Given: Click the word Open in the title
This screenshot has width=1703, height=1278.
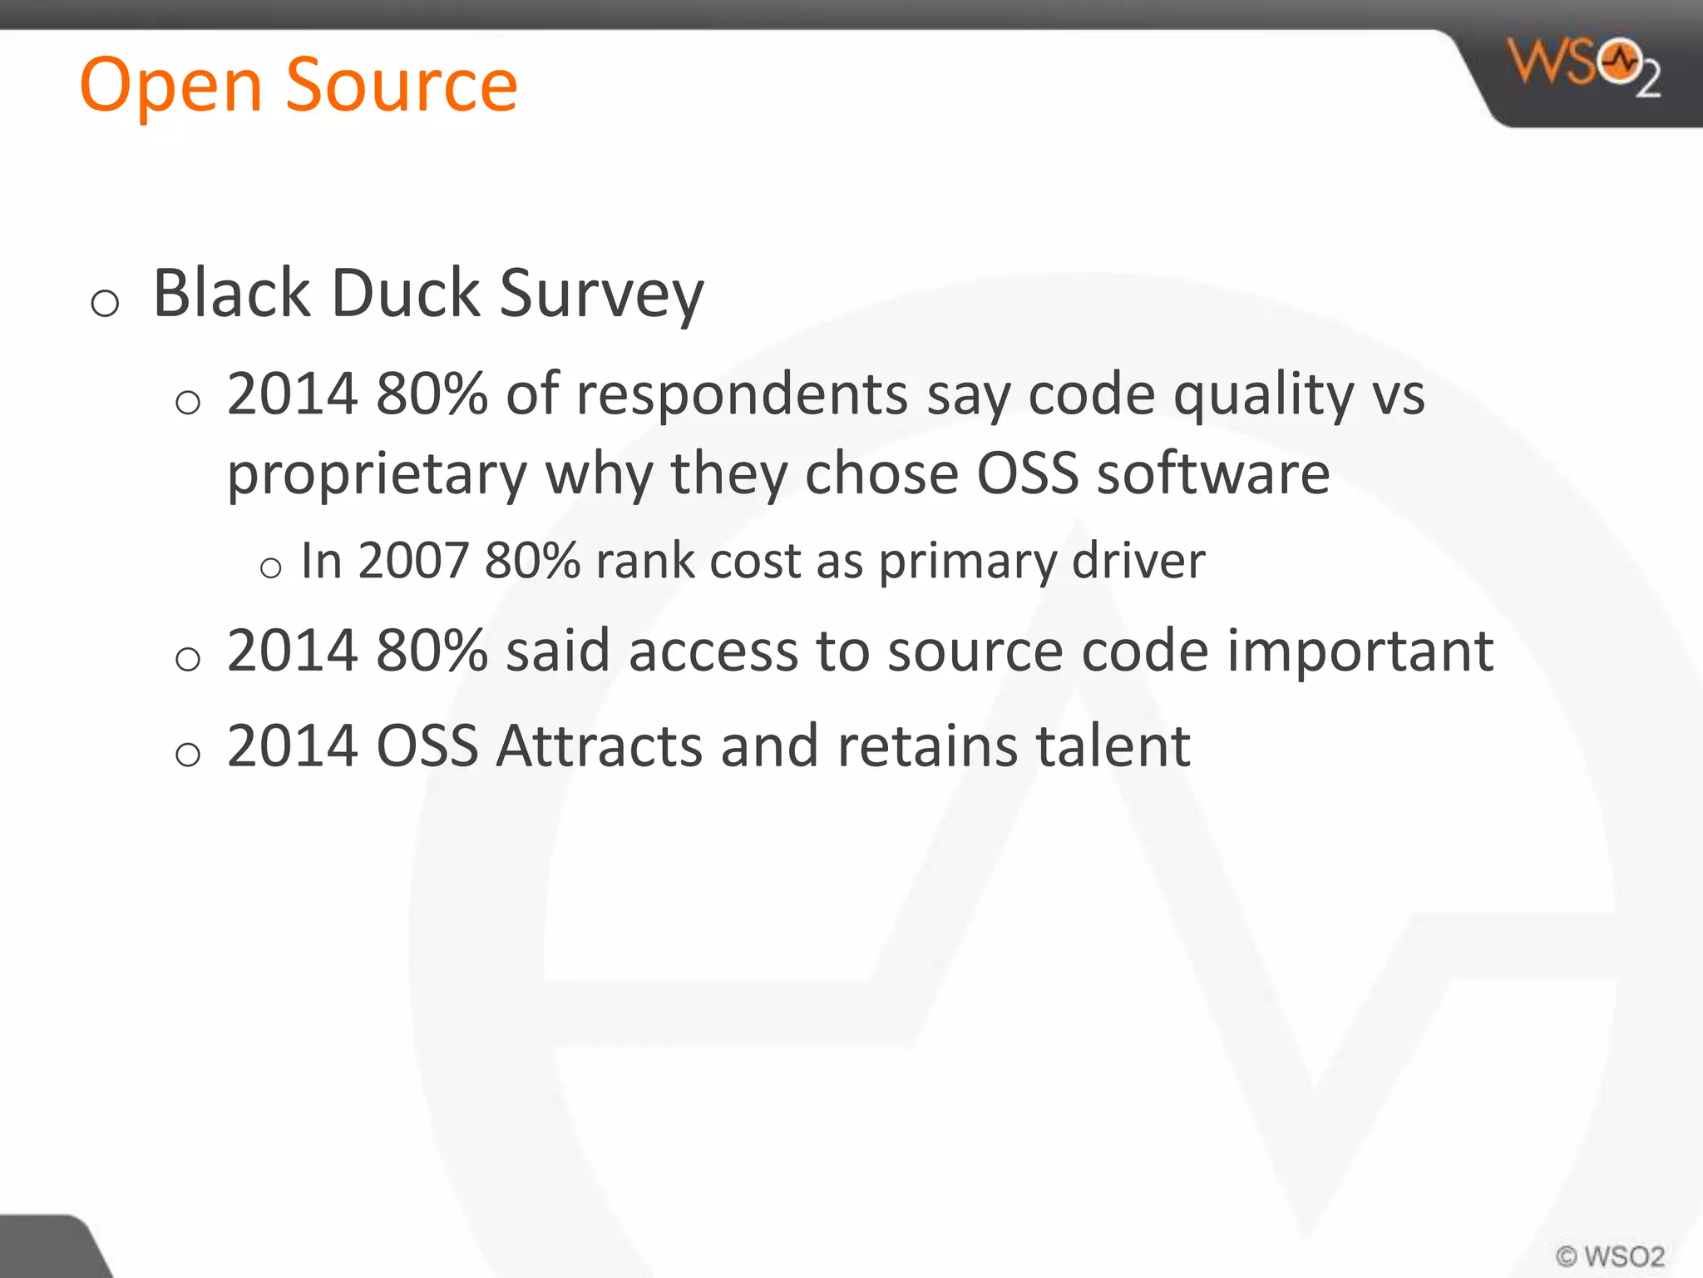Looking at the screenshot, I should [170, 86].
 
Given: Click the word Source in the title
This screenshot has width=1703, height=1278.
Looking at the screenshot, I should [402, 86].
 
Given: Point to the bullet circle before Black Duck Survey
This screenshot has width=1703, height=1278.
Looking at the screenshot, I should [105, 303].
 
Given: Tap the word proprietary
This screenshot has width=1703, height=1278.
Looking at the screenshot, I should [377, 475].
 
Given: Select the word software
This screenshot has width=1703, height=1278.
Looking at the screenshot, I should [1213, 473].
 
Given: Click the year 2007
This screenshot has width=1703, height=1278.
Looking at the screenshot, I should [413, 561].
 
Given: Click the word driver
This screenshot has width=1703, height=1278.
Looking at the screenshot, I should [1138, 561].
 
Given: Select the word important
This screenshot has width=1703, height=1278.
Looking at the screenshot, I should [1360, 652].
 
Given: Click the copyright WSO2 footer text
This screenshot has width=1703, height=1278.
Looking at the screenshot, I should [1610, 1256].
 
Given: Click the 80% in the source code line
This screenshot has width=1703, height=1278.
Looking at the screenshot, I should [431, 651].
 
